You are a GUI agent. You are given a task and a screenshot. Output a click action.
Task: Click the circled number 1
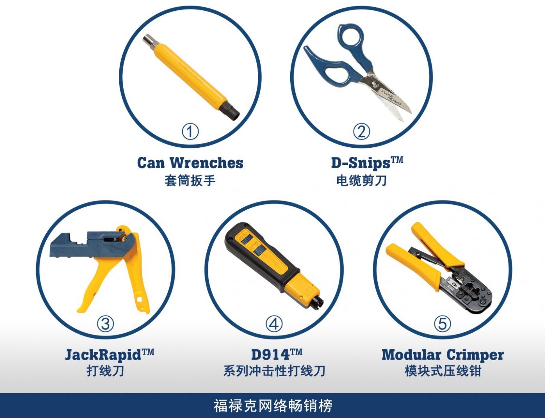(190, 132)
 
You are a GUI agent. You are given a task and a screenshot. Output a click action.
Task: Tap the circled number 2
(361, 132)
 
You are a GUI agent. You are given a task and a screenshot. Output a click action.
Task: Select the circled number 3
(105, 324)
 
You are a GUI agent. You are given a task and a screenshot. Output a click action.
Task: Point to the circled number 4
(274, 324)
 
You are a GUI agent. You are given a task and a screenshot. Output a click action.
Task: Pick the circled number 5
(442, 324)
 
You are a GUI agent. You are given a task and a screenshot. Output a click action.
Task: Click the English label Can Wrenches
(190, 163)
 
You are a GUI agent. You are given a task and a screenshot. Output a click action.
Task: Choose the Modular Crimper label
(443, 355)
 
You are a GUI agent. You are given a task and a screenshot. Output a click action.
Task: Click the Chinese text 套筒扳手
(190, 181)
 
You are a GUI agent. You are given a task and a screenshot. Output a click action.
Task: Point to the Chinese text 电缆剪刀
(361, 181)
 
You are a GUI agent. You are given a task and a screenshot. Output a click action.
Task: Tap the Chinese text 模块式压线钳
(443, 371)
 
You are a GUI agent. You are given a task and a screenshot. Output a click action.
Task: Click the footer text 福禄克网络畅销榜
(273, 406)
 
